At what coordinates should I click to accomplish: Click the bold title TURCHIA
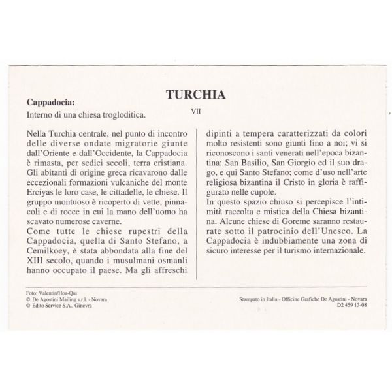click(x=195, y=94)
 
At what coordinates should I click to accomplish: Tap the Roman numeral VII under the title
click(x=195, y=110)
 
